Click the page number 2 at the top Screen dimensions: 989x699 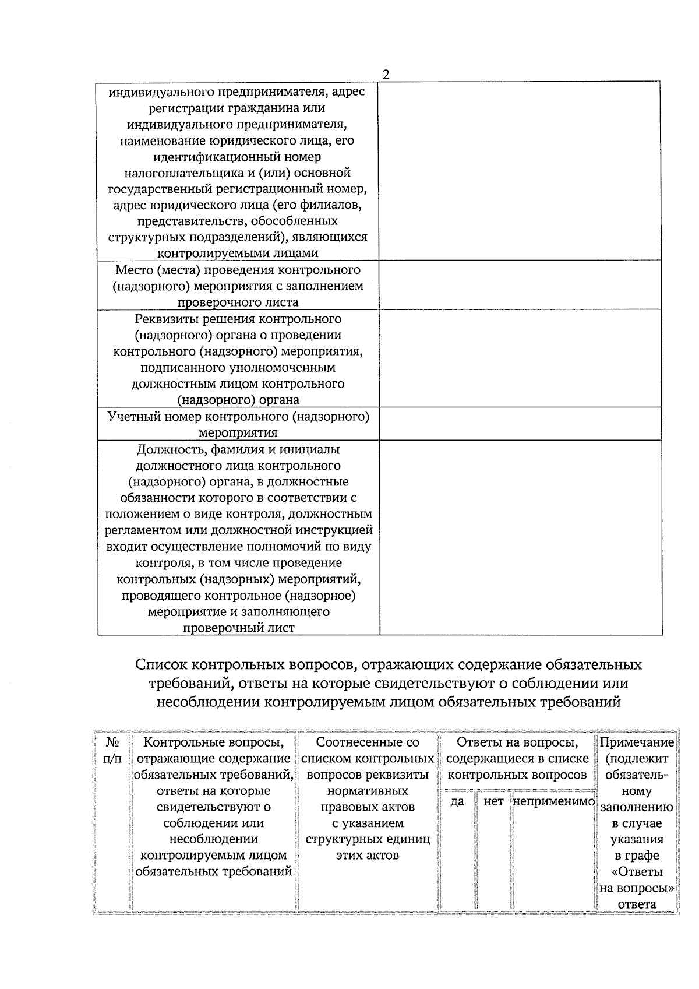(385, 75)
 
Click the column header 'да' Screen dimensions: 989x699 (457, 801)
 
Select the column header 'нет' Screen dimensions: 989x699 (493, 801)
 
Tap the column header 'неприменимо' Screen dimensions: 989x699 (553, 801)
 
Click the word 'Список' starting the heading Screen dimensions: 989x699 (162, 664)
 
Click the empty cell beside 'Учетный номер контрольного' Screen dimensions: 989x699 (520, 424)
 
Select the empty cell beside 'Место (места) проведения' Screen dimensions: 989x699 (520, 285)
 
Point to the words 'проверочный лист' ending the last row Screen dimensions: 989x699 (238, 628)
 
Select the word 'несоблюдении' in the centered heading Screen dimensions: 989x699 (207, 702)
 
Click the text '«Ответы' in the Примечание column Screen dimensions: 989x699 (637, 872)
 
